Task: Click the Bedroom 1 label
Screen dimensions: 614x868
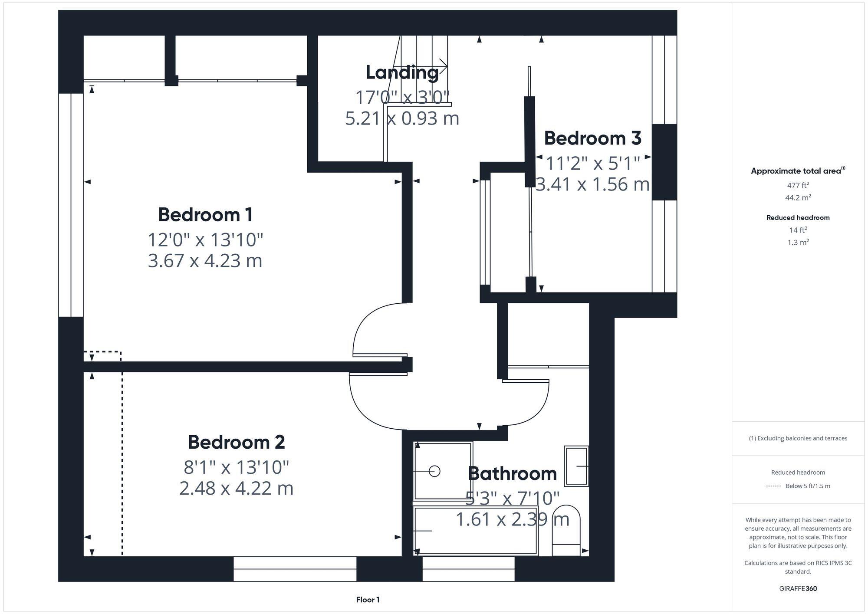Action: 205,215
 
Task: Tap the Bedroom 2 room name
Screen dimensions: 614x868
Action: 236,442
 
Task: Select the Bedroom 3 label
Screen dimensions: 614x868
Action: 592,138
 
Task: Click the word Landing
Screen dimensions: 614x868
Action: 402,72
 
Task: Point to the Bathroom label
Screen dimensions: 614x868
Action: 512,473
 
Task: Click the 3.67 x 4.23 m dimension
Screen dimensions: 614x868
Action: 205,261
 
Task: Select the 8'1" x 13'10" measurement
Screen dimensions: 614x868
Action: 236,467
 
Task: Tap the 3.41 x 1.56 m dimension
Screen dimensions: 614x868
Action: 592,184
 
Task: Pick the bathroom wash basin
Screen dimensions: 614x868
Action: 576,466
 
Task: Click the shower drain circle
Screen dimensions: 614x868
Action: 434,471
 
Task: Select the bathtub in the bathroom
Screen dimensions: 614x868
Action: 475,530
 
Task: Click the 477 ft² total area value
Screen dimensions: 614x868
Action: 798,185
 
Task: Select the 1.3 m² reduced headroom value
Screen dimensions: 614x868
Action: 798,243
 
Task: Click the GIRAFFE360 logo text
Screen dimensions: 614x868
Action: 798,589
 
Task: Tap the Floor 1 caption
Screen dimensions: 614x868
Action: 368,600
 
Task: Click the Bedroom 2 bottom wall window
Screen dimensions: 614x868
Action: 295,569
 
